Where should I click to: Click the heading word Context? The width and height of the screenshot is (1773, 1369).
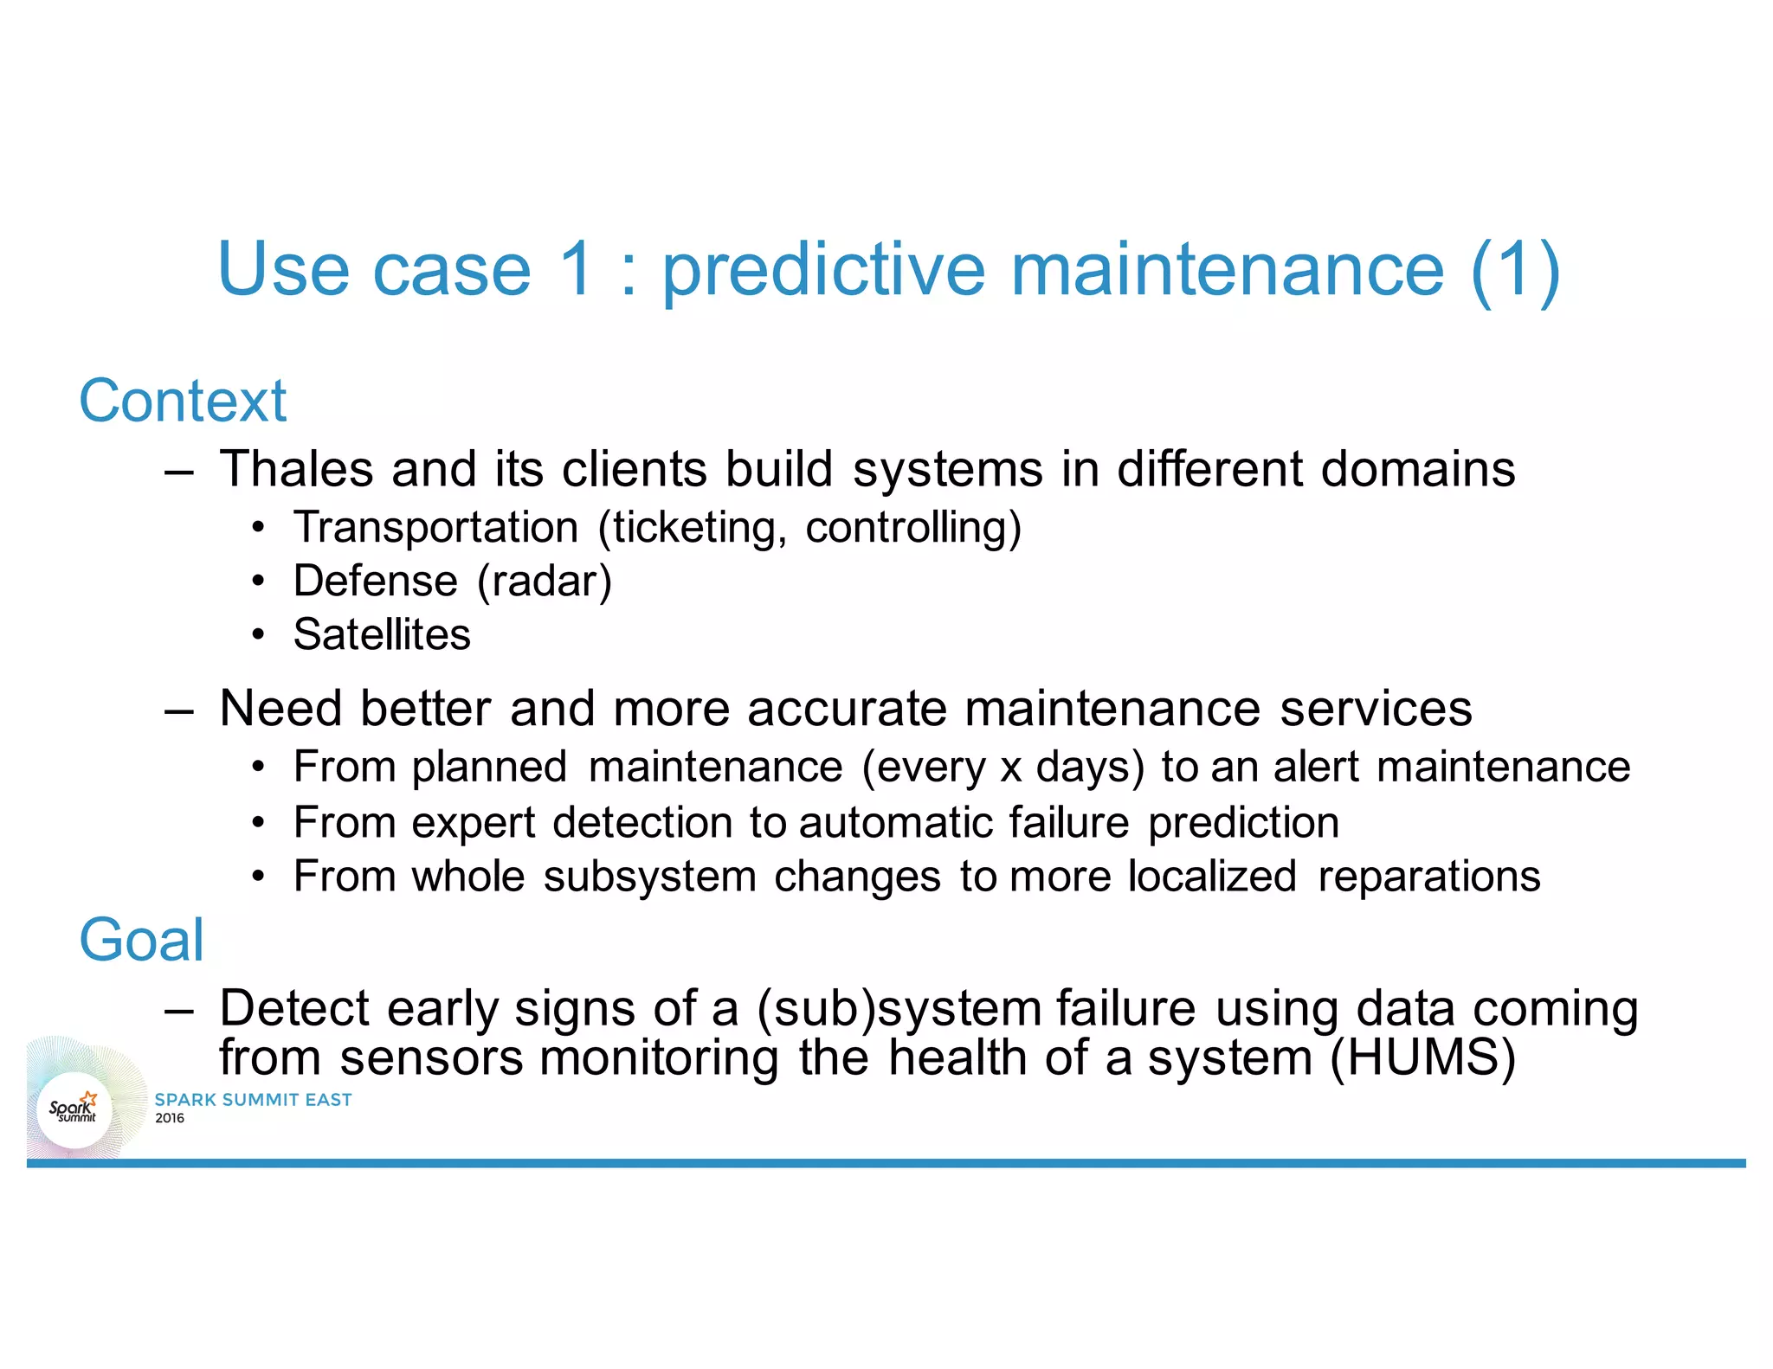182,402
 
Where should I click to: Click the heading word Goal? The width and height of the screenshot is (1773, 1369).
141,941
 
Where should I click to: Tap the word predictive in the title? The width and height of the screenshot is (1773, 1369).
823,270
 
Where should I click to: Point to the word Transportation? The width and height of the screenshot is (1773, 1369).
435,527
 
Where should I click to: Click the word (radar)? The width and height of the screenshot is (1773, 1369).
545,581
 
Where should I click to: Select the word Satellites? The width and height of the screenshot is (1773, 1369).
382,634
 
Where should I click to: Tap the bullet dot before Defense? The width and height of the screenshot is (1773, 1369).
258,582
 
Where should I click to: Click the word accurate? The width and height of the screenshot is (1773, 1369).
848,709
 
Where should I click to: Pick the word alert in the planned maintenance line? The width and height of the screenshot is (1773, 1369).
1315,768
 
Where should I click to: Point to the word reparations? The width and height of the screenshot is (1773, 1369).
1428,876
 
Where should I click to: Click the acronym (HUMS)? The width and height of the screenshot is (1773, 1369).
1422,1058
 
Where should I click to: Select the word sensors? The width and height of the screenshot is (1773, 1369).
431,1058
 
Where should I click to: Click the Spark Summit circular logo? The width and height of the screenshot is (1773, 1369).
74,1109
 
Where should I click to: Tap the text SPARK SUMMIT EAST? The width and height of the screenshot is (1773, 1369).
253,1100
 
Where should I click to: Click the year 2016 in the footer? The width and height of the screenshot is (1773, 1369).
170,1118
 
